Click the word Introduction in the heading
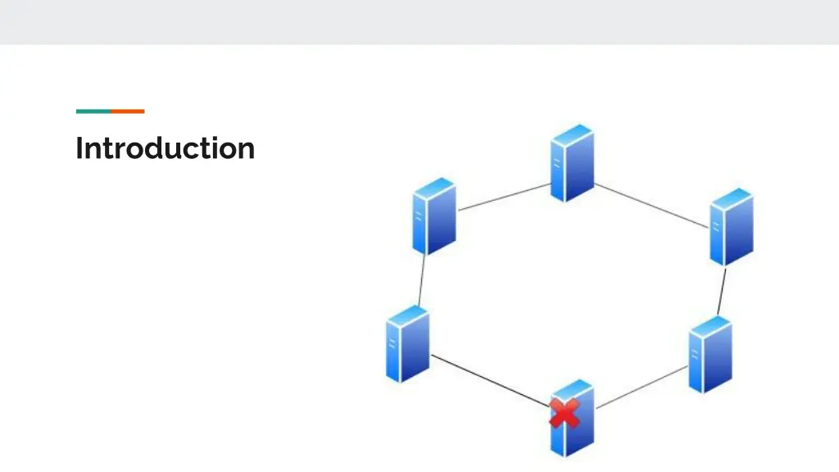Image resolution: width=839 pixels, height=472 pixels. [165, 148]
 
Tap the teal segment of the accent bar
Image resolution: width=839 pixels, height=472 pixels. [93, 111]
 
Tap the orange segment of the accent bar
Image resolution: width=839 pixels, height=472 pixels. [128, 111]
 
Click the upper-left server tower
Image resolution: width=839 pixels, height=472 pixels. [434, 216]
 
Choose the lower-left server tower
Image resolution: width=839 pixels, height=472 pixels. [407, 343]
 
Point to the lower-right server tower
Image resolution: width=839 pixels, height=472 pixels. [710, 354]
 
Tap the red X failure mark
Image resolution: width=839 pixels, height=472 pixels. [565, 413]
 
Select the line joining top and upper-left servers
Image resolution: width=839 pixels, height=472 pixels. [503, 197]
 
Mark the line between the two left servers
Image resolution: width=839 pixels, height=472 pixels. [421, 280]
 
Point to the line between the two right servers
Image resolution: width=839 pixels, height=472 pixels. [722, 292]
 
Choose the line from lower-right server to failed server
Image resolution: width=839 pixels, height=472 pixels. [642, 386]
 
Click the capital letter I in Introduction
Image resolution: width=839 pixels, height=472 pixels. [79, 148]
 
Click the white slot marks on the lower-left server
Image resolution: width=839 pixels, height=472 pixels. [392, 343]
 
